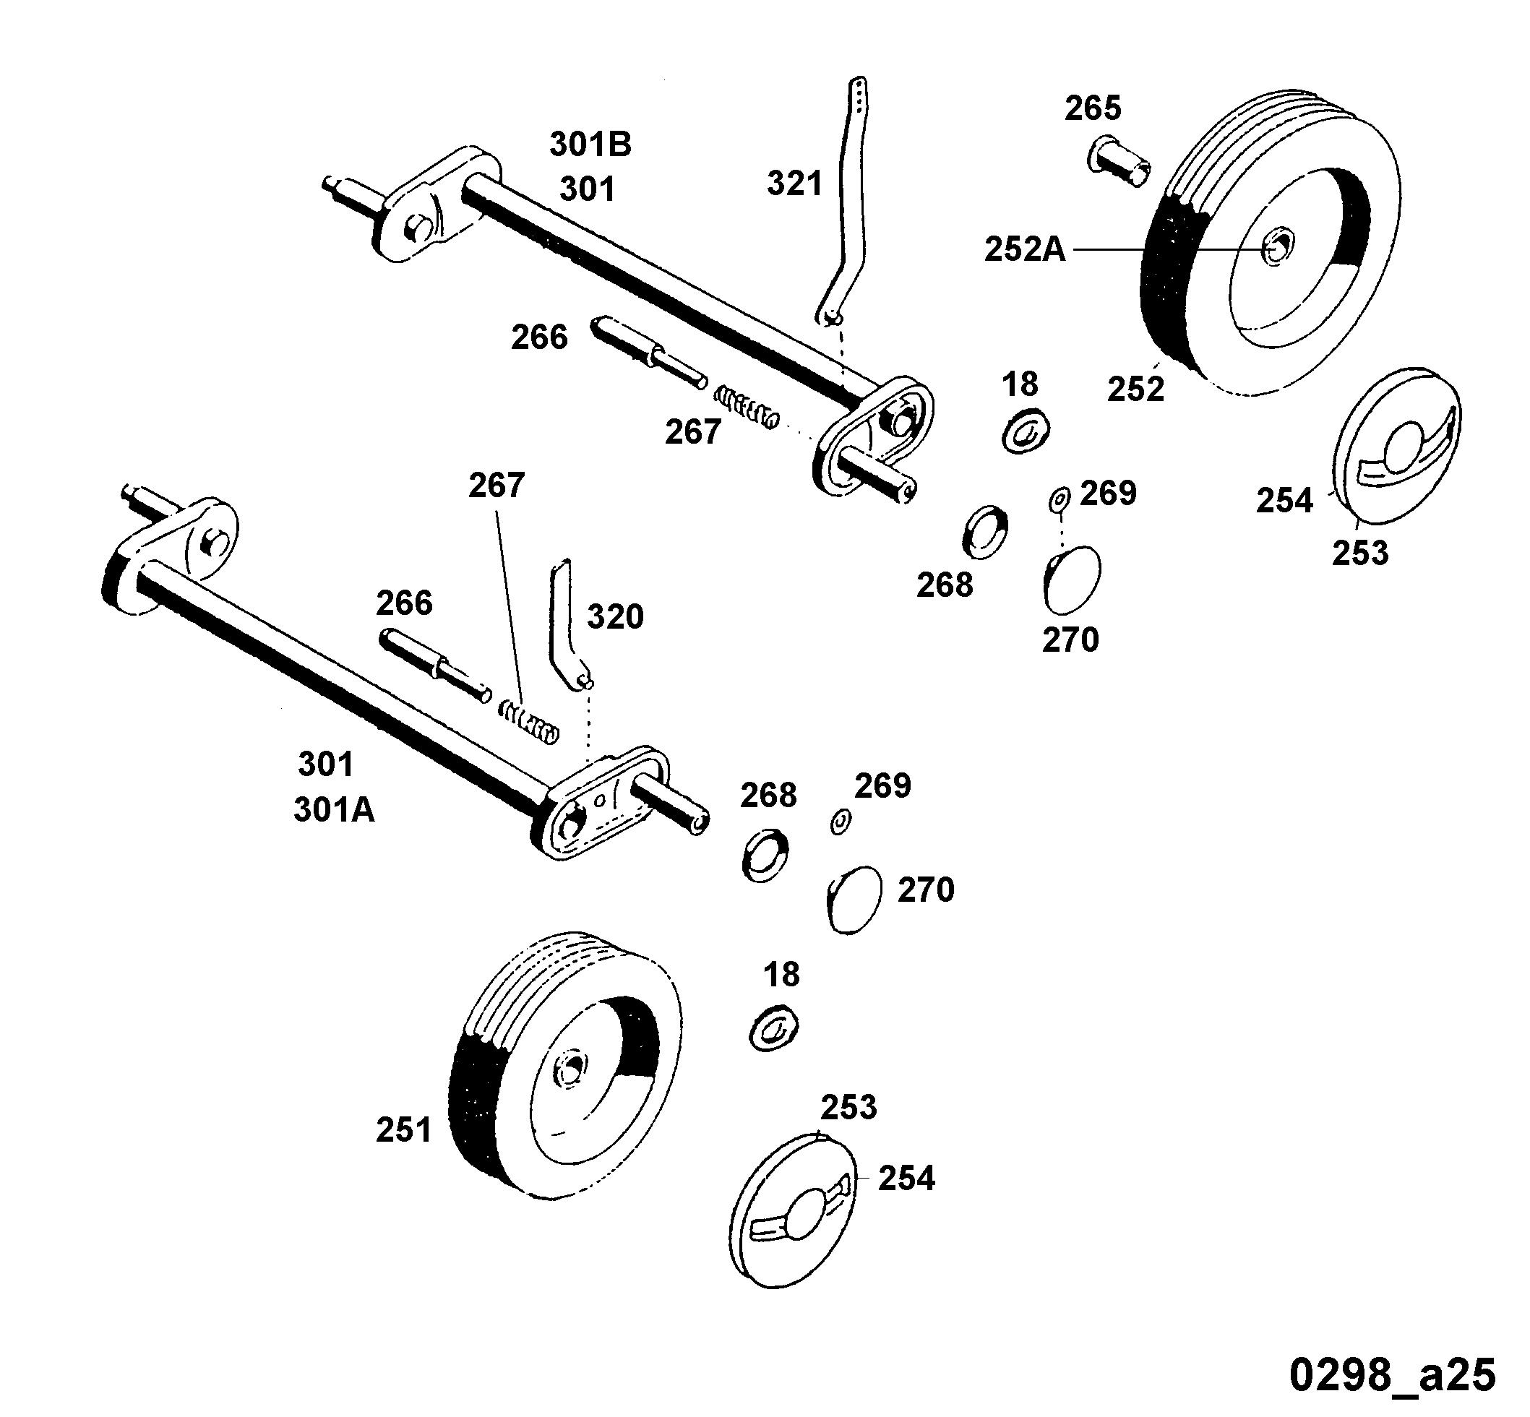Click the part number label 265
point(1092,108)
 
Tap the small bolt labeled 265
point(1119,163)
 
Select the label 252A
point(1025,249)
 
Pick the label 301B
point(590,144)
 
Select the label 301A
point(334,810)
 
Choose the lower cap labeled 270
point(854,900)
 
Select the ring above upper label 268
point(986,531)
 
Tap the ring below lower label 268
point(765,853)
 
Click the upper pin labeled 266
point(649,353)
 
